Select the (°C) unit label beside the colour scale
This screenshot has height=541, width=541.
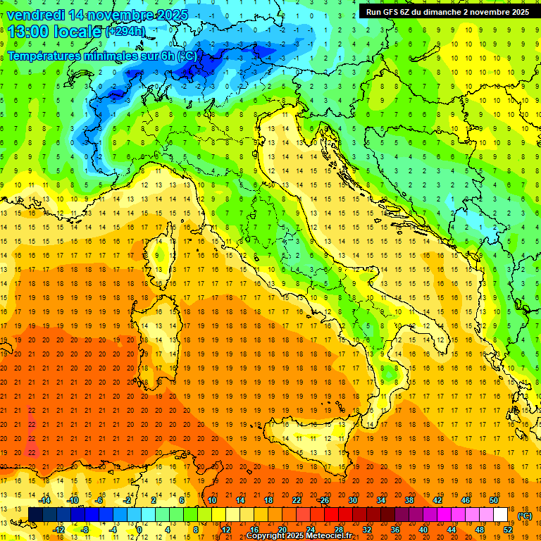525,516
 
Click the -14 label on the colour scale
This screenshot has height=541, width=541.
44,500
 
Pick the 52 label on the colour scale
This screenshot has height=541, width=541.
508,530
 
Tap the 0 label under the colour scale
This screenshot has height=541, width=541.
139,530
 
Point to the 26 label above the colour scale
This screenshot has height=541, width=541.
324,500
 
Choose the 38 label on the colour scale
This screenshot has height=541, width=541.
409,500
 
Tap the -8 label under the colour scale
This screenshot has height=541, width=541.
85,530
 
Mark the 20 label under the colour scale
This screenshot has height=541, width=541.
282,530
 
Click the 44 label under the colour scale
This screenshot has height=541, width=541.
451,530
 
